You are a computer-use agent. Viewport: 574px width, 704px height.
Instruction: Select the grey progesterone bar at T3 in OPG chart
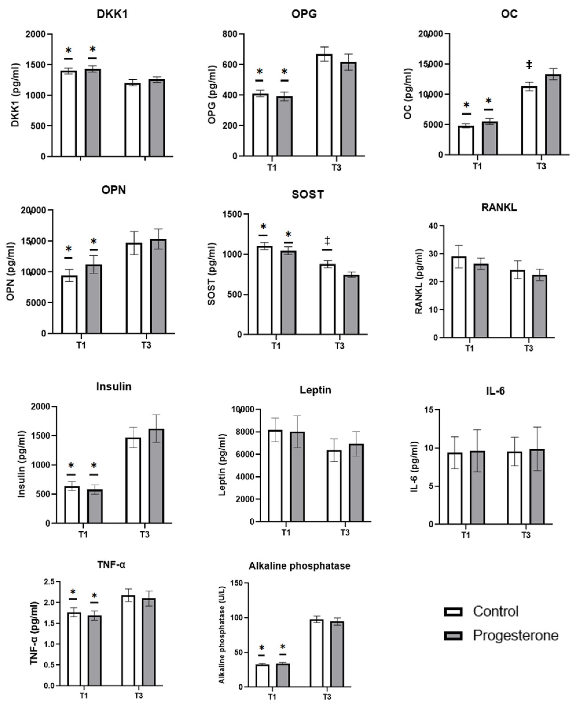click(348, 109)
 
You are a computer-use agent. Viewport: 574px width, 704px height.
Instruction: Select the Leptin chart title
click(315, 390)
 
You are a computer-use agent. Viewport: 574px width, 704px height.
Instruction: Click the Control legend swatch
click(453, 612)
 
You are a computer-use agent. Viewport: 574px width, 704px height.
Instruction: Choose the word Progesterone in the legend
click(515, 636)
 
